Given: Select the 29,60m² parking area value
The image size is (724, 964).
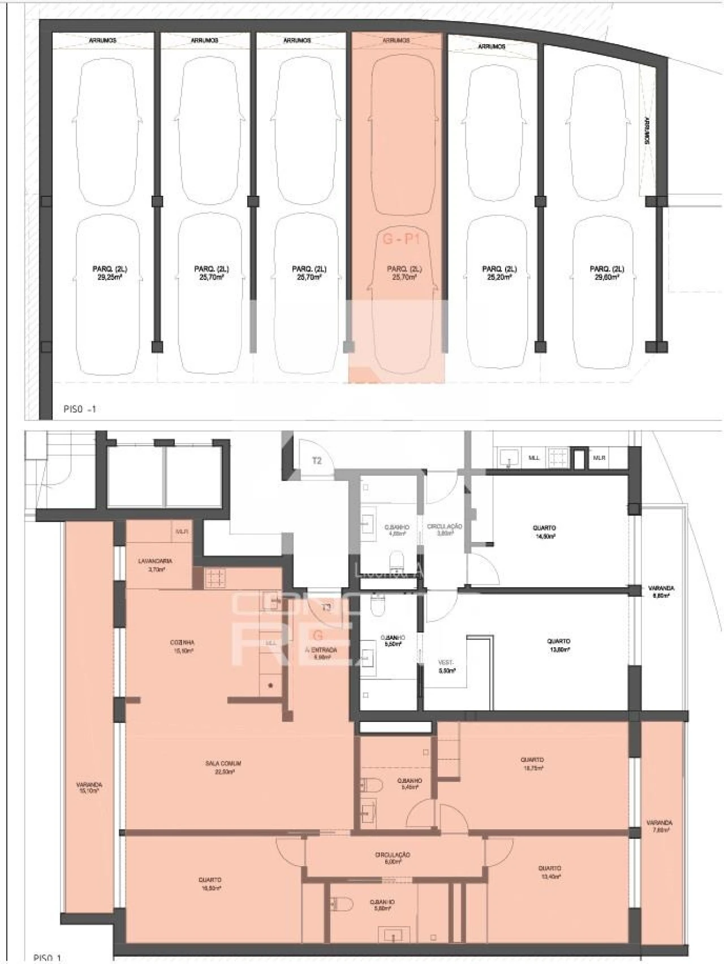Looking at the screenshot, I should tap(607, 277).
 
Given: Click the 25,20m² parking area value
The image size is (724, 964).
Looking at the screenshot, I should tap(499, 277).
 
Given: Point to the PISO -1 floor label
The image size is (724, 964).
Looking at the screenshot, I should tap(80, 408).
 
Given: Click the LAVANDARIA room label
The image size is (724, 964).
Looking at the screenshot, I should tap(155, 561).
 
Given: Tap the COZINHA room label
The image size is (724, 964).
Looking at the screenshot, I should tap(182, 643).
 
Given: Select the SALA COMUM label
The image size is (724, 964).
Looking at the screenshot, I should tap(223, 763).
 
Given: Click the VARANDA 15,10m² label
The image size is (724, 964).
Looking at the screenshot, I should tap(89, 788).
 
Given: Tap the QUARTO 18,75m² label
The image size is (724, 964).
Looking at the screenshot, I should tap(532, 763).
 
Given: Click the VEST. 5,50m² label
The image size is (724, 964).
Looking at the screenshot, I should tap(447, 666).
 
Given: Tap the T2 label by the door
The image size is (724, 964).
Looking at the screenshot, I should tap(317, 461).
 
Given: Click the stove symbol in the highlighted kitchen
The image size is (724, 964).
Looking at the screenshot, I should tap(215, 578).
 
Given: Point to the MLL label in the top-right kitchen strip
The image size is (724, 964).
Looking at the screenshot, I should tap(533, 458).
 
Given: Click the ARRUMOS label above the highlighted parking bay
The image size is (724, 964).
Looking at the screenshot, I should tap(396, 41).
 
